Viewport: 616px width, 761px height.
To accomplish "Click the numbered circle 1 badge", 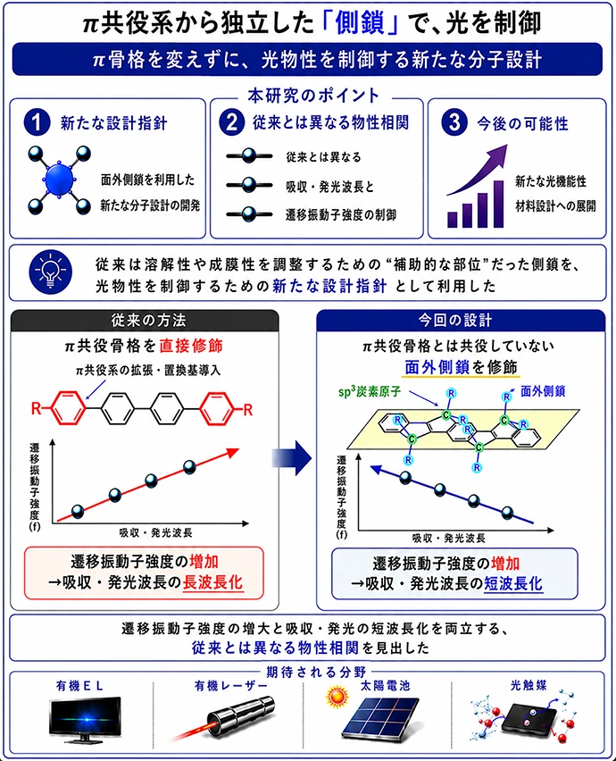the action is click(x=37, y=121).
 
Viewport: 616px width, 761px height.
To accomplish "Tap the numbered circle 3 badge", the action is click(x=454, y=121).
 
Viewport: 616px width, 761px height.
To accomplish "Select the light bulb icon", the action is click(x=51, y=272).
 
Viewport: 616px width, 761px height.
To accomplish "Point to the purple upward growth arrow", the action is click(x=478, y=169).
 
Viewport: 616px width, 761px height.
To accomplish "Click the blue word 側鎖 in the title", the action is click(x=360, y=24).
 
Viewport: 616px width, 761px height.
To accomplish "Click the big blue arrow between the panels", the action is click(x=292, y=457).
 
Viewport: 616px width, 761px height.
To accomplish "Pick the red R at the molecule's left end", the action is click(x=37, y=409).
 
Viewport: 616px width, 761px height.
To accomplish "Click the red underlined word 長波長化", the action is click(x=213, y=582).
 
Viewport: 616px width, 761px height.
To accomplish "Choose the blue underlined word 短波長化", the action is click(x=512, y=583).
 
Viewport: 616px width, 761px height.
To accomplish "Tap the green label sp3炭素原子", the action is click(x=370, y=391).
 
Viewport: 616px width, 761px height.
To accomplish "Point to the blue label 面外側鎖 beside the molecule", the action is click(x=543, y=391).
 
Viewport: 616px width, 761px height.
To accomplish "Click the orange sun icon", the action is click(x=337, y=698).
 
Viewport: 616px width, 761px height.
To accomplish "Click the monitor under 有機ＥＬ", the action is click(x=86, y=720).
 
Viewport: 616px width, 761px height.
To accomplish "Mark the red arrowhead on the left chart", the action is click(x=233, y=452).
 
